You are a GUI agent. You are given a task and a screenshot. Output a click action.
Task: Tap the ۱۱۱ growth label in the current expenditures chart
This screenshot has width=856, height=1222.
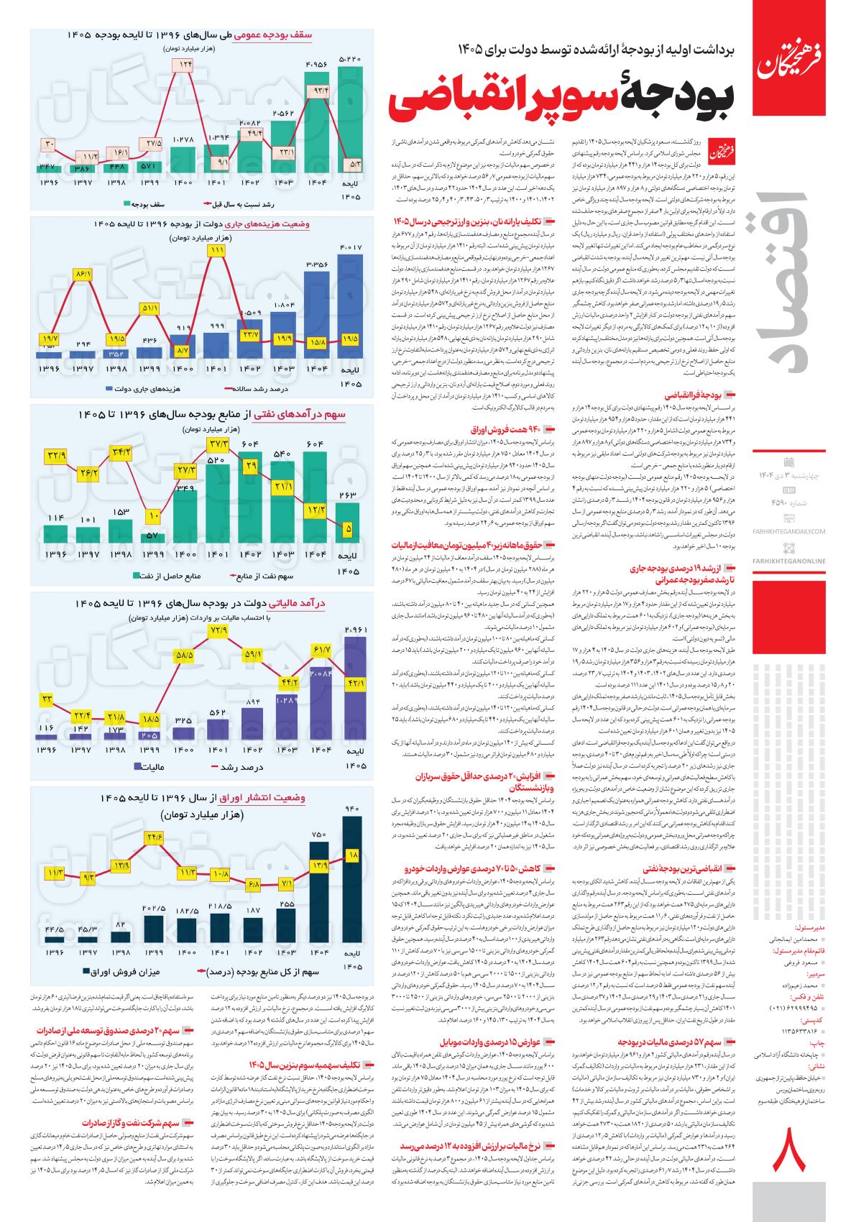(216, 250)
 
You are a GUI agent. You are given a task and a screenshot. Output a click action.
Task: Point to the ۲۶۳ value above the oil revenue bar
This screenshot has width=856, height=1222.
(349, 494)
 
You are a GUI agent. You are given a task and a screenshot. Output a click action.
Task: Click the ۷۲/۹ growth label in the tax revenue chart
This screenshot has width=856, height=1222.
(218, 630)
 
